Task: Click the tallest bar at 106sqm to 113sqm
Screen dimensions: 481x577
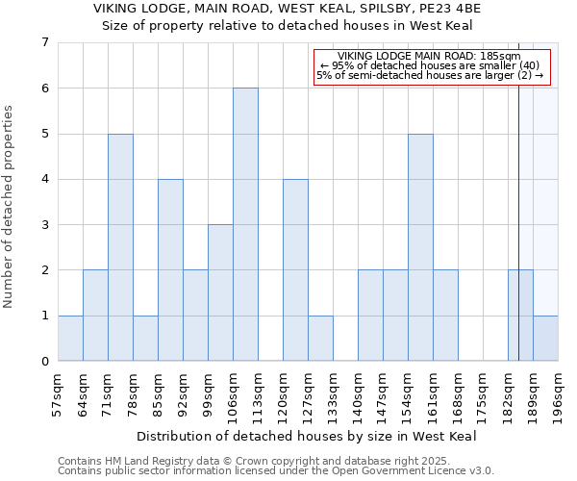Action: pos(245,224)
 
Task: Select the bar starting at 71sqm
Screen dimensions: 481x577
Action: pos(120,247)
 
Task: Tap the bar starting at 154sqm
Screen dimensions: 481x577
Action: pos(420,247)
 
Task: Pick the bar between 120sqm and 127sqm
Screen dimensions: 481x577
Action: pos(295,269)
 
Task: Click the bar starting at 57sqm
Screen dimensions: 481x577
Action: pos(70,338)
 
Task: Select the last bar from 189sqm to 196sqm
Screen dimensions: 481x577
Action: pos(545,338)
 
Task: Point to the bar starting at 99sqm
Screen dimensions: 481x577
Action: pos(220,292)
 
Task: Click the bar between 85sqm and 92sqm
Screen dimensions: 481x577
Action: pos(170,269)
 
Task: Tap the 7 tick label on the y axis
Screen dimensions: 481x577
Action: pos(44,42)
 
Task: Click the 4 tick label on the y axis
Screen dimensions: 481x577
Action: pos(44,179)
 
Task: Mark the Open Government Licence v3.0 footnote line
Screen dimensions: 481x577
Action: pos(276,471)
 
